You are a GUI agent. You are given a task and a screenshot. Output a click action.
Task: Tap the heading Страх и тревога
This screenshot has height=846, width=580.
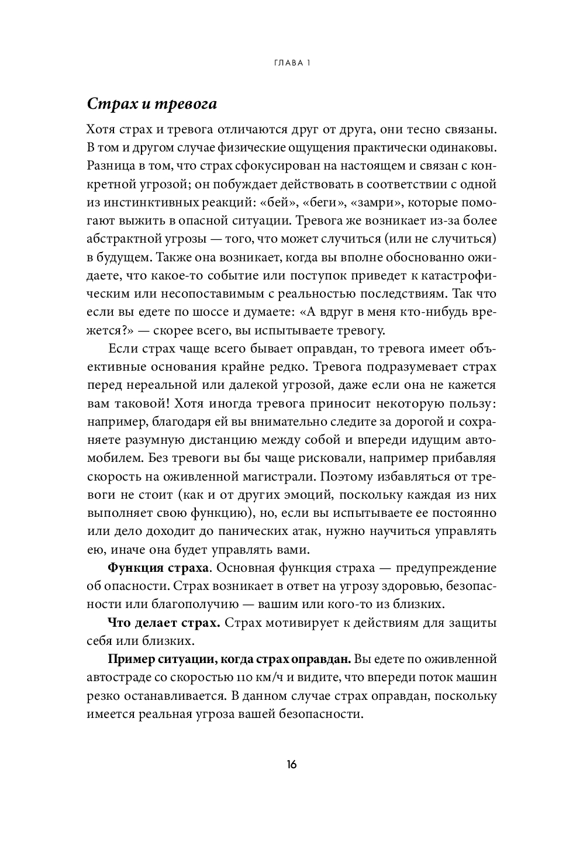click(152, 104)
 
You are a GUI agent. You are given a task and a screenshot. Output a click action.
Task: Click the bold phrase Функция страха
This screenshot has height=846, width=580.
click(158, 568)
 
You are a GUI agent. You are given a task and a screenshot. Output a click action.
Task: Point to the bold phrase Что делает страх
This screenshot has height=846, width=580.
click(164, 623)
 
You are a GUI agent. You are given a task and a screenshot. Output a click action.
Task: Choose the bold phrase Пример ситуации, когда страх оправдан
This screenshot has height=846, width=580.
click(230, 659)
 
